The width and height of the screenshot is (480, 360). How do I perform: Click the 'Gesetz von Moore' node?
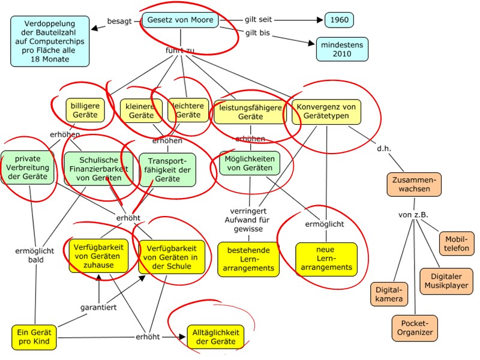tap(180, 20)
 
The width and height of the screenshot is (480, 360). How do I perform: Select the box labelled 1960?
tap(340, 20)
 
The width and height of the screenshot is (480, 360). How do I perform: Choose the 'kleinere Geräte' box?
tap(141, 110)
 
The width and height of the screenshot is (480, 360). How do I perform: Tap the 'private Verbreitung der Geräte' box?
tap(28, 167)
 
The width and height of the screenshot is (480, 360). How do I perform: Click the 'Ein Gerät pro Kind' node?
tap(35, 338)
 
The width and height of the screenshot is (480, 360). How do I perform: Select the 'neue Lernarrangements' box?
tap(326, 258)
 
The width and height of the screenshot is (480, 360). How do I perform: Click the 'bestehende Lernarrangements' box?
tap(248, 258)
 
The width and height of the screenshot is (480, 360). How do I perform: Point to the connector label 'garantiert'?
tap(98, 308)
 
